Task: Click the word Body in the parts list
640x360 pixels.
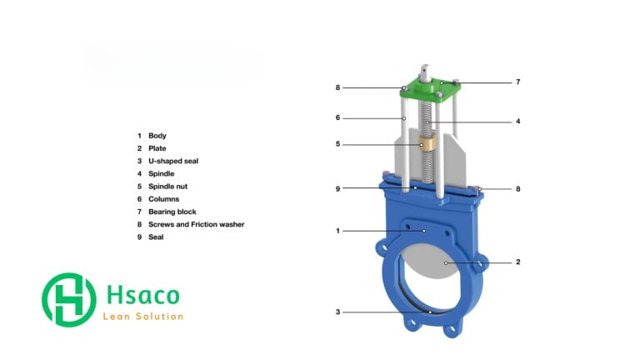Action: [x=157, y=135]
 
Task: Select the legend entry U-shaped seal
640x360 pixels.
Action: [x=172, y=161]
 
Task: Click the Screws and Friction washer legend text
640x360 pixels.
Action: [x=196, y=224]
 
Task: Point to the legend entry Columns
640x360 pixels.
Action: [x=162, y=199]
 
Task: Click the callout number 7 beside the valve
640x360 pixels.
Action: [x=517, y=82]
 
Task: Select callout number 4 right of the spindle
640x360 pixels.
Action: [x=517, y=122]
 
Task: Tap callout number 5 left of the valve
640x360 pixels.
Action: [x=337, y=144]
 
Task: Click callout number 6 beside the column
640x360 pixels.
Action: [x=337, y=117]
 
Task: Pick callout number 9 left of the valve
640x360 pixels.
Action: [x=337, y=188]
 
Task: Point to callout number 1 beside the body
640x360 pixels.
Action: [x=337, y=231]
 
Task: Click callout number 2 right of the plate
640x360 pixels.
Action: [x=517, y=262]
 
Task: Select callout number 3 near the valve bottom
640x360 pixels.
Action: [x=337, y=312]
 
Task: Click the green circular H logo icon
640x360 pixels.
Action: [x=68, y=298]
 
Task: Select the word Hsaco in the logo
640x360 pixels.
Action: [x=142, y=294]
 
